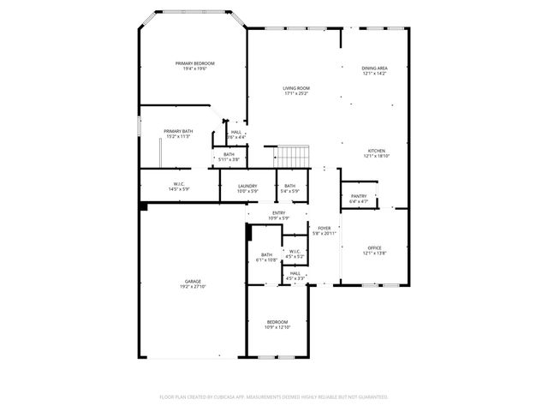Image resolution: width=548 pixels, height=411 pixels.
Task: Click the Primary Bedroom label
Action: point(194,63)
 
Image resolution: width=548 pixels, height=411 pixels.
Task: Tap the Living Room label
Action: point(296,88)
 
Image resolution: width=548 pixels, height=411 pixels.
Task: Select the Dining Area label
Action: point(374,68)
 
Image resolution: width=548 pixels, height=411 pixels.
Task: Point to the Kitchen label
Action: point(377,151)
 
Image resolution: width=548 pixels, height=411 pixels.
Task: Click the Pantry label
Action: point(359,196)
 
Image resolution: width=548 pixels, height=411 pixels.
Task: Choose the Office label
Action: point(375,247)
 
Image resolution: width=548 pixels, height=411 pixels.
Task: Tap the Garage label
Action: point(193,282)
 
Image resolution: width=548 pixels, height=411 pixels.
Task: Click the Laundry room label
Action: point(247,186)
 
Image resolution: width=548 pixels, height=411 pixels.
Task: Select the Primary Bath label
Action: point(179,131)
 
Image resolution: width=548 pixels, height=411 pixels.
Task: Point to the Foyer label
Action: point(325,228)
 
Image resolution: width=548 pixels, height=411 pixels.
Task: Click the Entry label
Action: point(279,212)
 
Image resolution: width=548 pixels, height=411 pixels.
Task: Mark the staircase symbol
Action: point(294,157)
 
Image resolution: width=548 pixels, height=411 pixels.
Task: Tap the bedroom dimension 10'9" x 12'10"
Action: point(277,326)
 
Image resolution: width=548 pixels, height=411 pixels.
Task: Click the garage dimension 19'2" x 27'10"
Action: point(193,287)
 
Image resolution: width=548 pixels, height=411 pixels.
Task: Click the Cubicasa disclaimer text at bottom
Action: point(274,396)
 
